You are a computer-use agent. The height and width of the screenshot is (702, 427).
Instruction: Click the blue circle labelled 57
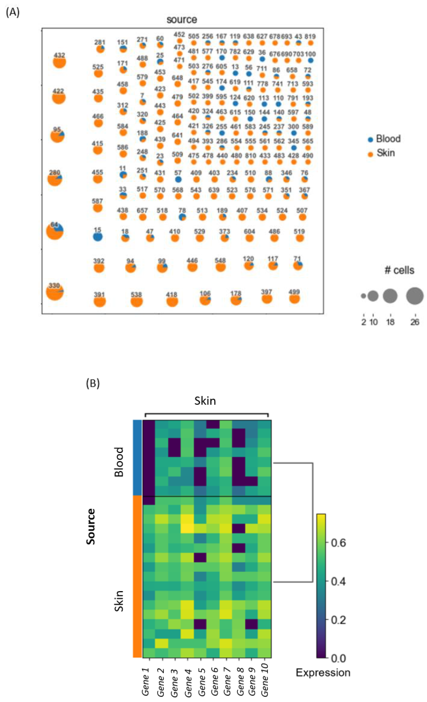point(178,180)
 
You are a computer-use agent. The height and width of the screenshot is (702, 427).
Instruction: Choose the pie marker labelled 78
point(182,217)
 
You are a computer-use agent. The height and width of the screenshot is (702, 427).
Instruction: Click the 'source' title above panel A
point(182,20)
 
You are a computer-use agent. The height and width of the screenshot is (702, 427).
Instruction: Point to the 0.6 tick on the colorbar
point(338,543)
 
